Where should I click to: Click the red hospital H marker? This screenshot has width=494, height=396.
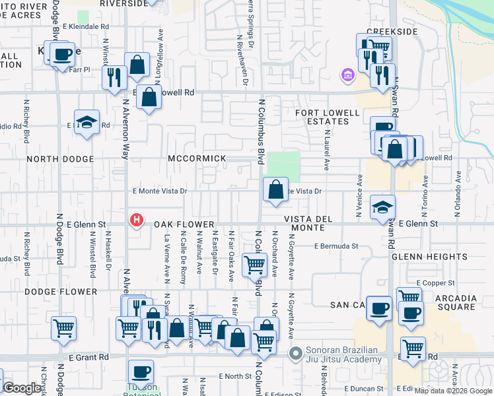click(137, 220)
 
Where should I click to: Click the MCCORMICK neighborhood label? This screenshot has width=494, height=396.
click(197, 159)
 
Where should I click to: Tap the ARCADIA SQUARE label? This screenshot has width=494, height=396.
click(456, 303)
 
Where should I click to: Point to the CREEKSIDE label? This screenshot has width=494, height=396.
click(392, 31)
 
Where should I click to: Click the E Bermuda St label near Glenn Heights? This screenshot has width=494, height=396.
click(336, 246)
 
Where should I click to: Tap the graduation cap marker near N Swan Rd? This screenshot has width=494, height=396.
click(382, 207)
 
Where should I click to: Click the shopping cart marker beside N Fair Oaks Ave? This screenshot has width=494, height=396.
click(255, 265)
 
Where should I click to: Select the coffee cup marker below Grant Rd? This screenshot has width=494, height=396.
click(141, 371)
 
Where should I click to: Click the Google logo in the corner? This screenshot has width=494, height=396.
click(22, 389)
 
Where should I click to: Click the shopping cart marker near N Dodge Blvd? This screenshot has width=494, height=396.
click(64, 327)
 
